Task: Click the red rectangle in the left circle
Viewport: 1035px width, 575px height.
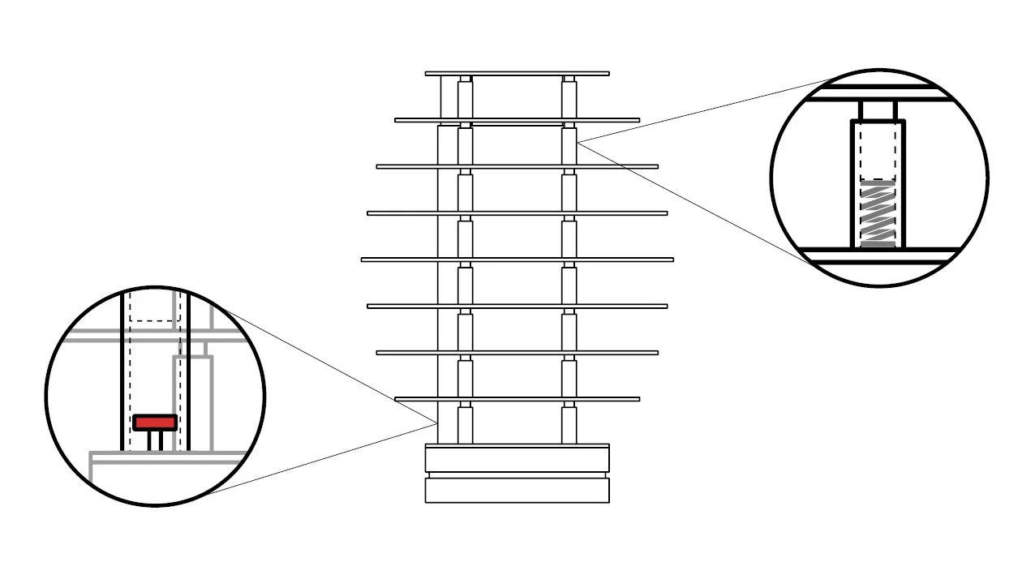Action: pos(155,423)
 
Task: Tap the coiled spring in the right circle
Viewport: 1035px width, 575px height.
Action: pos(878,213)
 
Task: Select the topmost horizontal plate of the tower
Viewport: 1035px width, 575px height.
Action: pos(517,74)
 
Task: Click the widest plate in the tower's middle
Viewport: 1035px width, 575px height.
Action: pos(517,260)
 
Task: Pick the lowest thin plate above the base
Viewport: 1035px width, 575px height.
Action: pos(517,399)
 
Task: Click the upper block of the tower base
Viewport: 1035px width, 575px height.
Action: pos(517,458)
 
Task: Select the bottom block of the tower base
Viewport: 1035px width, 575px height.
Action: pos(517,490)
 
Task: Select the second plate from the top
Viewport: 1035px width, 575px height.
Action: pos(517,120)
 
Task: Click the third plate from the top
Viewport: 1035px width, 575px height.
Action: pos(517,166)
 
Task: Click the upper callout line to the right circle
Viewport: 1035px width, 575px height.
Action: pos(706,112)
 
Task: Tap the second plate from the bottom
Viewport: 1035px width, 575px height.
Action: pos(517,352)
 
